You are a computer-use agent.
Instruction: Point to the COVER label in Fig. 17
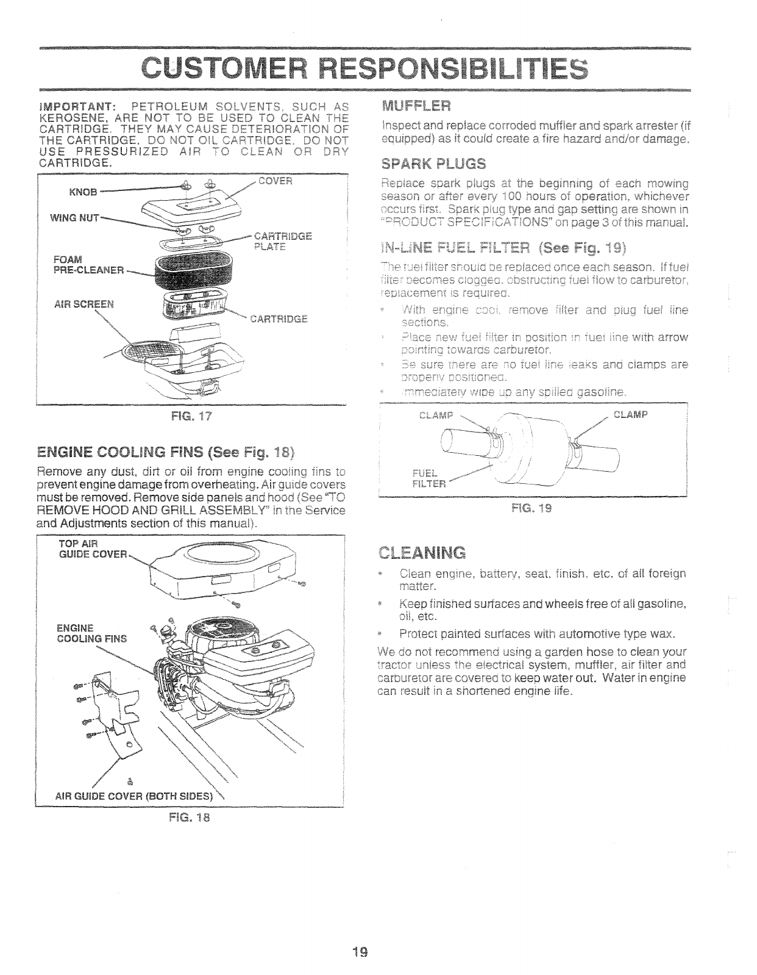pyautogui.click(x=275, y=181)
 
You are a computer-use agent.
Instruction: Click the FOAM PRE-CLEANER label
pyautogui.click(x=89, y=264)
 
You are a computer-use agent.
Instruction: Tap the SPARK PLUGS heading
pyautogui.click(x=433, y=164)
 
